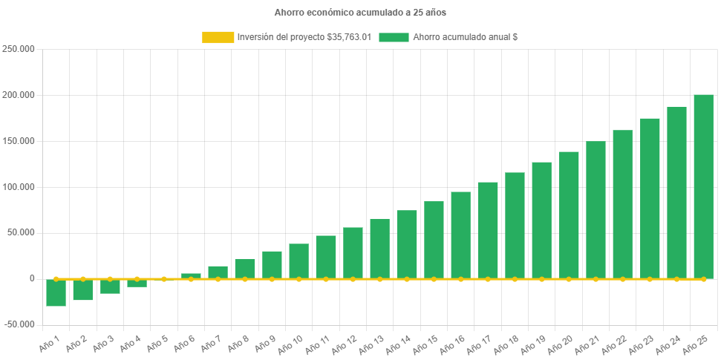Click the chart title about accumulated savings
point(360,13)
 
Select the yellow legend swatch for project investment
point(218,37)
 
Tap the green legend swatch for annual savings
point(394,37)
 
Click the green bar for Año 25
point(703,186)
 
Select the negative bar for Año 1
point(56,292)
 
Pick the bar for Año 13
point(379,249)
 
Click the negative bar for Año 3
point(110,287)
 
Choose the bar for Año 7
point(218,272)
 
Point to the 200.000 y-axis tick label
point(20,96)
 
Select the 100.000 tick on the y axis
point(20,187)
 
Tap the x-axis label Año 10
point(289,343)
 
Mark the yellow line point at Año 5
point(164,279)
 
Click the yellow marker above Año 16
point(460,279)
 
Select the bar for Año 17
point(488,230)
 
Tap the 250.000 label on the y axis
point(20,50)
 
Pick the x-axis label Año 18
point(505,343)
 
